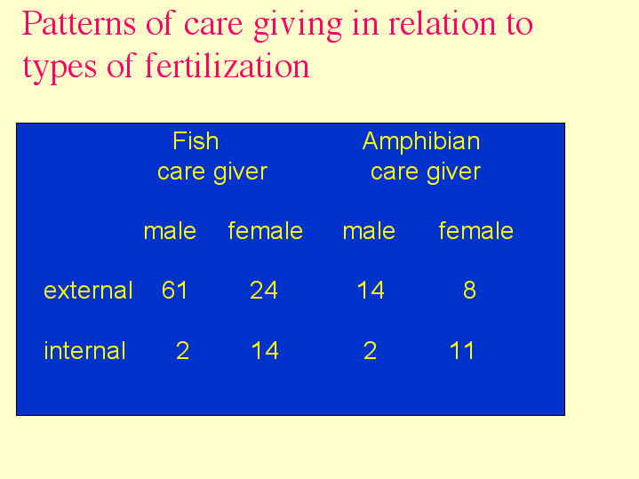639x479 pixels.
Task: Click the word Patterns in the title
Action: pos(78,23)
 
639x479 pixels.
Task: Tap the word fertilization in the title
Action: pos(227,66)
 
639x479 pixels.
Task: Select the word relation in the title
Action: pos(443,23)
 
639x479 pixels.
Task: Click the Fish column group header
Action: pos(196,141)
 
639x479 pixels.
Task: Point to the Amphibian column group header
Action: pos(421,141)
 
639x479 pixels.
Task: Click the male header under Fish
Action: pos(170,231)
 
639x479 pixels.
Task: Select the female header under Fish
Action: pos(266,231)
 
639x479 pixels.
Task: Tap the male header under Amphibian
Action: pos(369,231)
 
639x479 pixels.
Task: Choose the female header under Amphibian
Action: pos(476,231)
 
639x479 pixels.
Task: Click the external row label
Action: pos(89,291)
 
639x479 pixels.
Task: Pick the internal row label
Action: pos(84,351)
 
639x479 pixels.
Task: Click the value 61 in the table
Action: pos(175,291)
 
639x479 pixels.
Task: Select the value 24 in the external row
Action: pos(264,291)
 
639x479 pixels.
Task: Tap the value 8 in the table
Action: pos(469,291)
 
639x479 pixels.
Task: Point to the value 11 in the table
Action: pos(462,351)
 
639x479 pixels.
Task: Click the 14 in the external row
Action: pos(371,291)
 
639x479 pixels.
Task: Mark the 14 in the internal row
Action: pos(265,351)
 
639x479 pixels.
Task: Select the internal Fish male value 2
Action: pos(182,351)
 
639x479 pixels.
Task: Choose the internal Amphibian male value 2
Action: pos(370,351)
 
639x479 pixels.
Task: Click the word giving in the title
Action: pos(298,25)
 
